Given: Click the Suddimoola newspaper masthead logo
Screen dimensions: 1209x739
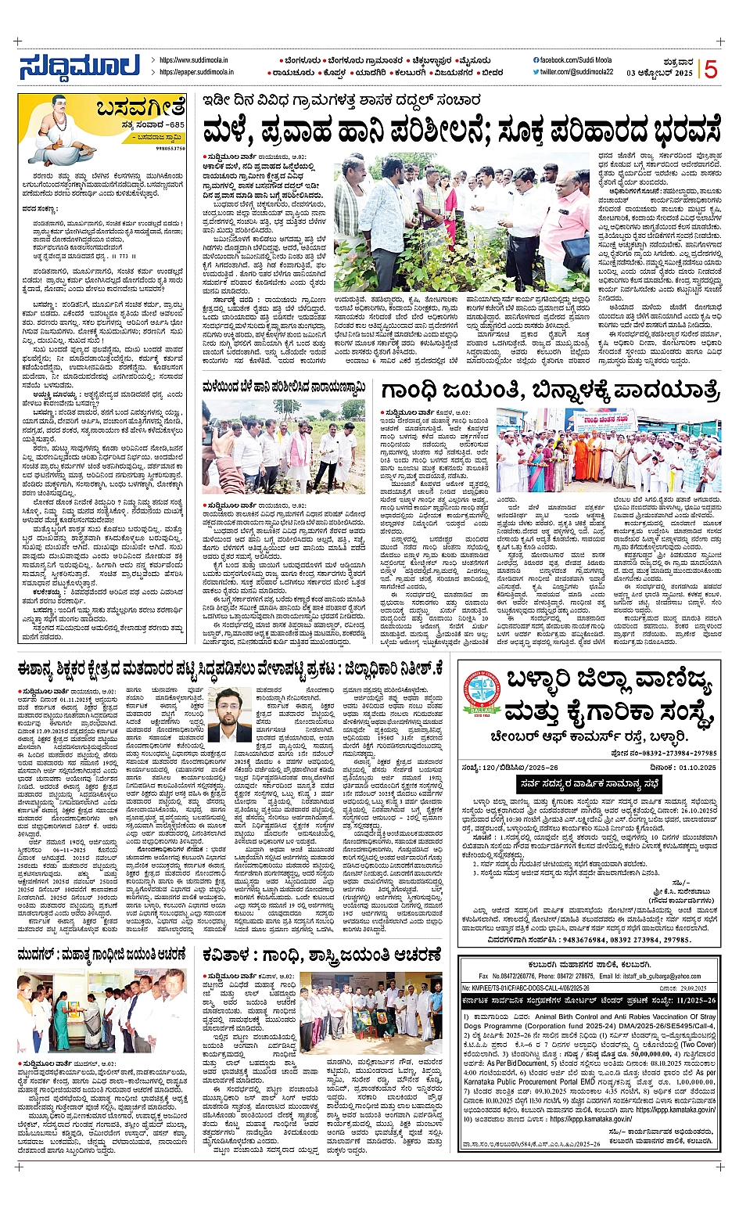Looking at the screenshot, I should (80, 67).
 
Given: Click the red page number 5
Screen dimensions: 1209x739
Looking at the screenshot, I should (711, 70).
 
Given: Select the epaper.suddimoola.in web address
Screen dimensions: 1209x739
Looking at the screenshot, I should (193, 72).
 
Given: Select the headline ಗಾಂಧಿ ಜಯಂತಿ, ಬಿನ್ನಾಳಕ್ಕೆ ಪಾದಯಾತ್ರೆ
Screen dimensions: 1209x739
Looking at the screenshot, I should (549, 390).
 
